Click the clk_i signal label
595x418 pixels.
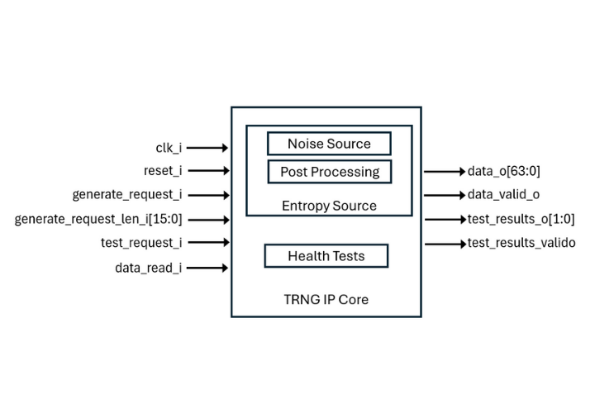point(169,148)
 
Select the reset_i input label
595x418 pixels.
point(162,171)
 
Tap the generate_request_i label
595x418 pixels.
point(127,195)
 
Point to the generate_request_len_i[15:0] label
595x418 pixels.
point(98,219)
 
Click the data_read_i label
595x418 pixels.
point(149,268)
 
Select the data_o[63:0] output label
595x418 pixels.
point(503,172)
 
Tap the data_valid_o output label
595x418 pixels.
point(504,196)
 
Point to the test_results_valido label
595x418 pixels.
point(521,243)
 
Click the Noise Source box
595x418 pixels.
point(329,144)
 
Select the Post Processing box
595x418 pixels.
point(329,172)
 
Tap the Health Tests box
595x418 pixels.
point(326,256)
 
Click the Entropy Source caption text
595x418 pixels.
point(329,206)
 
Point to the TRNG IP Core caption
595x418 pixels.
point(326,299)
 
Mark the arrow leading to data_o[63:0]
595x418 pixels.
point(445,172)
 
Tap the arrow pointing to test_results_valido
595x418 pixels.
point(445,244)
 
